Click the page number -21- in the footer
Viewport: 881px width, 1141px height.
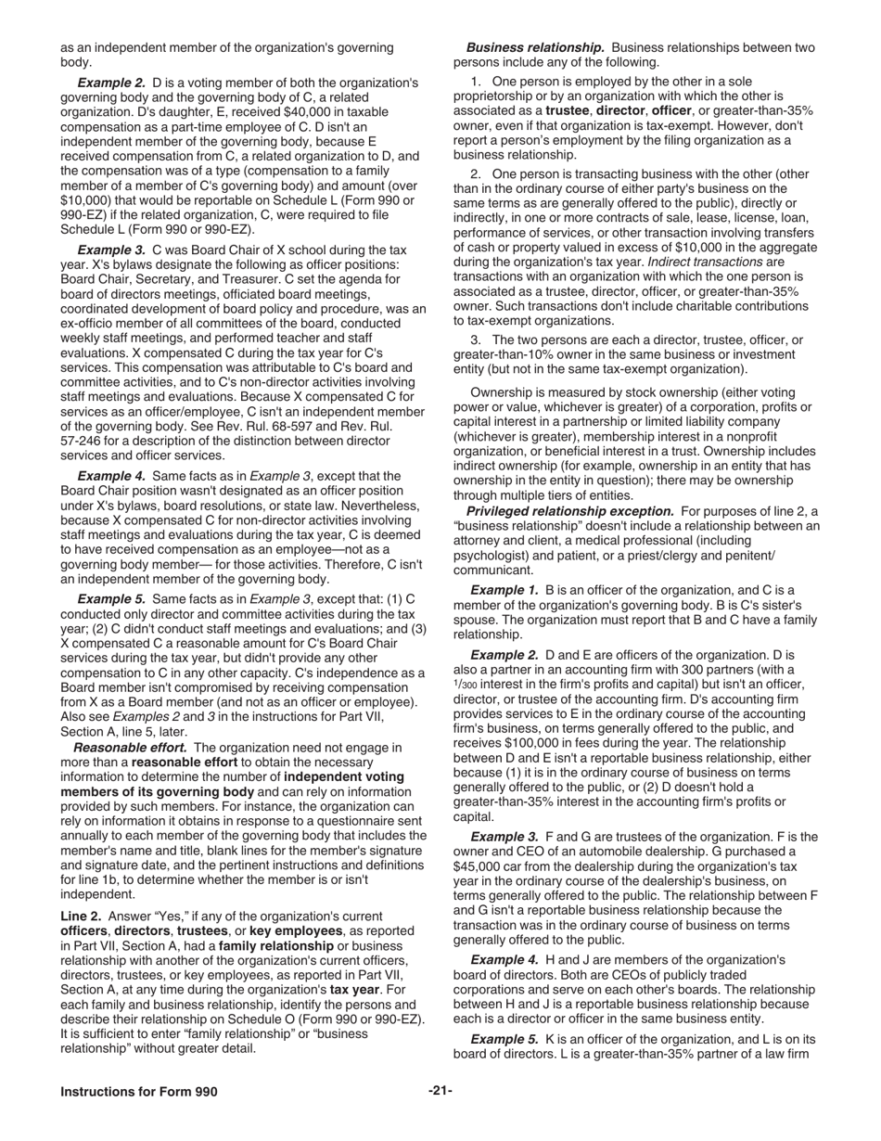pyautogui.click(x=440, y=1091)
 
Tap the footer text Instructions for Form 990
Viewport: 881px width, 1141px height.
pyautogui.click(x=139, y=1092)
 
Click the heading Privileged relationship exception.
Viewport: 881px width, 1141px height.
pyautogui.click(x=569, y=511)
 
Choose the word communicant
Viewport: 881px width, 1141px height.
pyautogui.click(x=493, y=570)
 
